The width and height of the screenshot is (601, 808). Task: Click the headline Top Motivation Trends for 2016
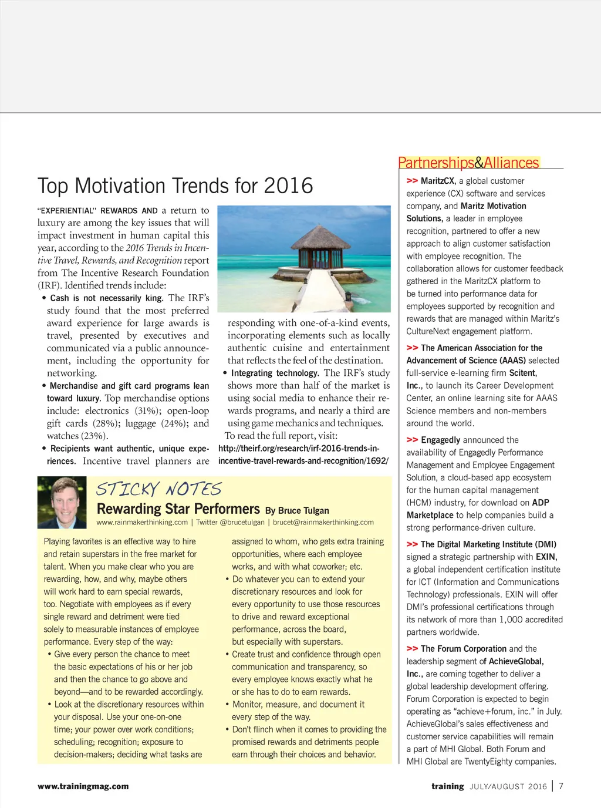(x=175, y=186)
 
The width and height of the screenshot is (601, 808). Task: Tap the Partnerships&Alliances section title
(x=468, y=163)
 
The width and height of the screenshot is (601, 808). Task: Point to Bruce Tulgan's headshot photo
(x=62, y=502)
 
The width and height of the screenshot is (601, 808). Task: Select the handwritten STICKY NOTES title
(x=158, y=489)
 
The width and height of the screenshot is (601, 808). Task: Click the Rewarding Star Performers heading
(x=178, y=509)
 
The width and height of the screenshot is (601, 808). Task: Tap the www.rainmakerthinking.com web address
(x=142, y=523)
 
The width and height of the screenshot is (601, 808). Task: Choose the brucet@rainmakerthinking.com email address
(x=323, y=523)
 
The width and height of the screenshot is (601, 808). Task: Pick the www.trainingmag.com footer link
(x=83, y=786)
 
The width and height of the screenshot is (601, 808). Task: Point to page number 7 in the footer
(x=561, y=786)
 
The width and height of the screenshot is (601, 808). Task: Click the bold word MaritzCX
(x=438, y=181)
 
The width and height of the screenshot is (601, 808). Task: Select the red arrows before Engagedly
(x=412, y=440)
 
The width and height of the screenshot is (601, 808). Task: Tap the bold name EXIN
(x=546, y=557)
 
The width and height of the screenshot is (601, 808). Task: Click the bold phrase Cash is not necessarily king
(x=106, y=298)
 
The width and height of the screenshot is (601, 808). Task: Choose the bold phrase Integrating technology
(x=275, y=373)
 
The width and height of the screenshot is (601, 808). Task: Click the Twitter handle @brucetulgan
(x=242, y=523)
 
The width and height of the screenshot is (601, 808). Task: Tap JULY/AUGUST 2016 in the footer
(x=508, y=787)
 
